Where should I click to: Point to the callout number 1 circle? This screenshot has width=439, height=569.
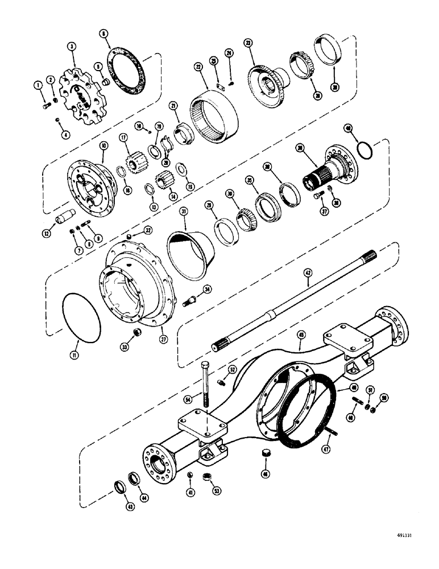coord(38,85)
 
